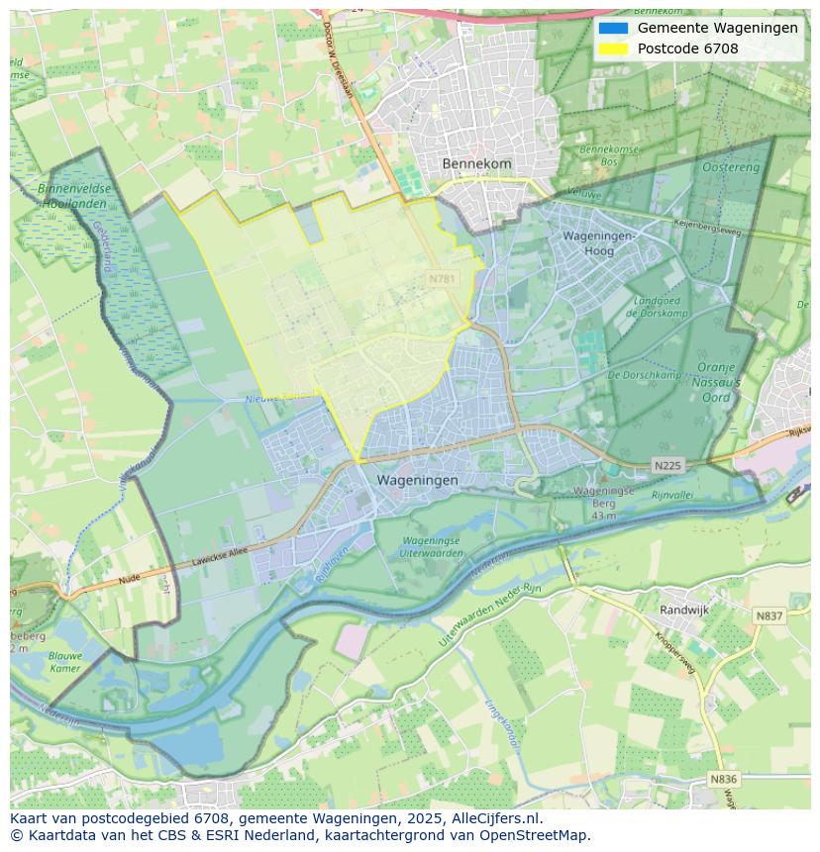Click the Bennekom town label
(x=476, y=163)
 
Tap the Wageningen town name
(x=417, y=480)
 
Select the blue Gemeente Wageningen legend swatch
(x=613, y=28)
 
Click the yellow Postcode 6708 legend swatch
(x=613, y=48)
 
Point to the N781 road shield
(x=443, y=279)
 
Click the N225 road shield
(x=667, y=465)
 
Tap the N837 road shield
(x=769, y=615)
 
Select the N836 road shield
(x=724, y=779)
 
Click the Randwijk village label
(x=684, y=611)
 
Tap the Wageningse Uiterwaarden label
(x=431, y=547)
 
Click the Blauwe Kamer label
(x=64, y=661)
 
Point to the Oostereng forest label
(x=731, y=168)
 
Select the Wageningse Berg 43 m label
(x=603, y=503)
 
